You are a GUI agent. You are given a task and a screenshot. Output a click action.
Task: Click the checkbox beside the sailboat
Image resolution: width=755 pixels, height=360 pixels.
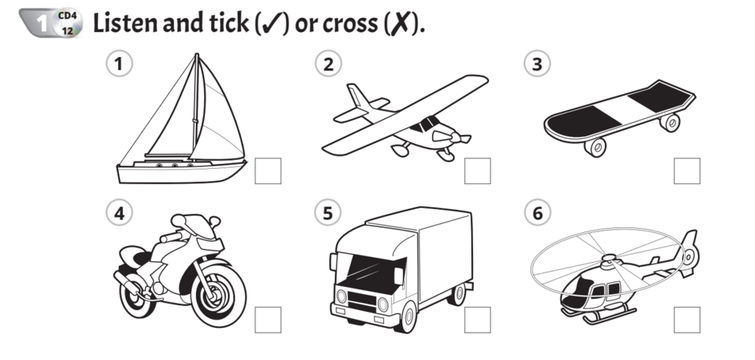[267, 171]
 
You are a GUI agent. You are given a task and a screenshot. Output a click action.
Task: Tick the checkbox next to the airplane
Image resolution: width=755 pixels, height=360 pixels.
[478, 171]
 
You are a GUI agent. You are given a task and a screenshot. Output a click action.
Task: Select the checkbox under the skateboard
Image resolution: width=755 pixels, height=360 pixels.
[687, 171]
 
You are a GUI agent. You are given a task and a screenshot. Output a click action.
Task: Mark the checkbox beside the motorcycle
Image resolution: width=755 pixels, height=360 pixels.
[267, 320]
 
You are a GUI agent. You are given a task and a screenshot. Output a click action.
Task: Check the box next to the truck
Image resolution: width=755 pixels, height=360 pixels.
[478, 320]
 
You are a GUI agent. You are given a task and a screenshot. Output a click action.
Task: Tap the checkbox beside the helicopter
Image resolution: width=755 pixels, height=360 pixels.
[687, 320]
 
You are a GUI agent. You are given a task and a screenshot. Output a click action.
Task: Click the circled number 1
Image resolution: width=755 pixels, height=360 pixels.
[119, 64]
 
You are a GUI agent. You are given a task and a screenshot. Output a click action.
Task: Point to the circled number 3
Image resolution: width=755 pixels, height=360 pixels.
[537, 64]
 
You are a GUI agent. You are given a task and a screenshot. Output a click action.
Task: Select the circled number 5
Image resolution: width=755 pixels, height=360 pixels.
[328, 212]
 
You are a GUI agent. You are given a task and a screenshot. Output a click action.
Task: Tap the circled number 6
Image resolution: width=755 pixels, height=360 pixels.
[537, 212]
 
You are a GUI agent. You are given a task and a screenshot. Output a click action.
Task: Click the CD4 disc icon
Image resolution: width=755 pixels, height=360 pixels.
[67, 23]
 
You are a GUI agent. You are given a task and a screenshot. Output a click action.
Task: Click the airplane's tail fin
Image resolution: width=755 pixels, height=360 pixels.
[357, 96]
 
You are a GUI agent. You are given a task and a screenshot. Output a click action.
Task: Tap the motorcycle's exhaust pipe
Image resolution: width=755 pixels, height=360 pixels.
[128, 284]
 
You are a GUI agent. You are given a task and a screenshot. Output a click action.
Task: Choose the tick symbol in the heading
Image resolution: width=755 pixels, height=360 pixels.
[272, 24]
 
